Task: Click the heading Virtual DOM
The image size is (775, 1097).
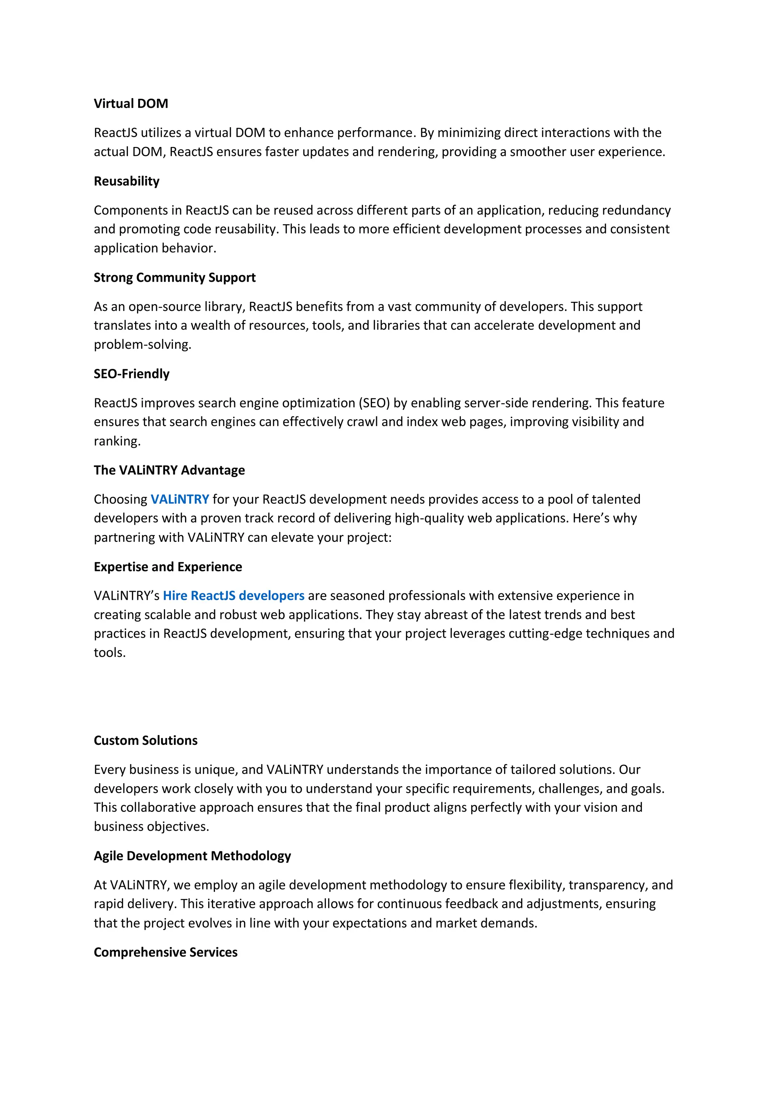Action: tap(131, 104)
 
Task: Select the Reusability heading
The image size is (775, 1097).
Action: tap(126, 181)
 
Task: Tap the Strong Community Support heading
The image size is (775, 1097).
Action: tap(174, 278)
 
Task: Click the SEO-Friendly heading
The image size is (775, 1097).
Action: tap(131, 374)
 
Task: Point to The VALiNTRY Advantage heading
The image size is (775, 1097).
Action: tap(169, 470)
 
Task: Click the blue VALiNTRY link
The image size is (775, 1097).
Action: tap(179, 499)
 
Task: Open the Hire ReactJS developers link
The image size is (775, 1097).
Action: tap(233, 596)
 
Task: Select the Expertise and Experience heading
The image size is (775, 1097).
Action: tap(168, 566)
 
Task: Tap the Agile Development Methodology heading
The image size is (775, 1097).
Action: tap(192, 856)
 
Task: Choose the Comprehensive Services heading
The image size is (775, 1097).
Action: tap(165, 952)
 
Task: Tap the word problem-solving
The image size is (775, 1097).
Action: tap(142, 345)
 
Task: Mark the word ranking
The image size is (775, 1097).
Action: tap(117, 441)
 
